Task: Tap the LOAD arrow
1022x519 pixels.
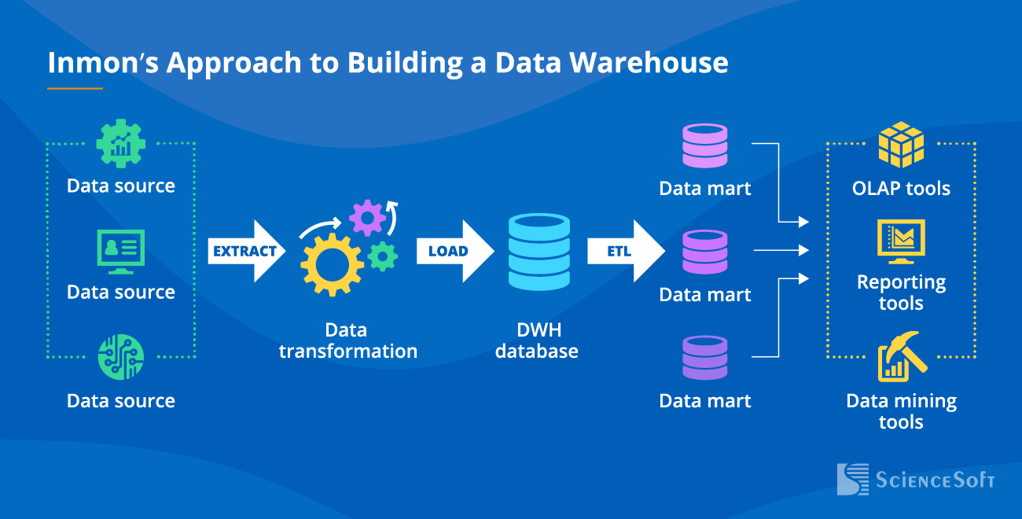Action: click(454, 252)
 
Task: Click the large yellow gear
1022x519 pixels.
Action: click(332, 264)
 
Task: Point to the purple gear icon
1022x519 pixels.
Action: click(367, 217)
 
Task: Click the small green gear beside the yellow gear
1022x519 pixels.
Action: click(383, 256)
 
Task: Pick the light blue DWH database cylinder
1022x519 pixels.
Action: click(539, 252)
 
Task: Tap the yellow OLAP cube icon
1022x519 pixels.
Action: click(901, 145)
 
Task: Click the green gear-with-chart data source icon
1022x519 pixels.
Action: click(120, 143)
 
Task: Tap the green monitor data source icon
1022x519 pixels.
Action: click(120, 251)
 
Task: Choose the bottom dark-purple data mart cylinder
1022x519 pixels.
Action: click(704, 358)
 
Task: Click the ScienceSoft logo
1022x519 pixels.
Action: click(916, 479)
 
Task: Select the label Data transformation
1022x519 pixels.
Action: click(347, 340)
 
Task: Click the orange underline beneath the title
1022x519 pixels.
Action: click(75, 88)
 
